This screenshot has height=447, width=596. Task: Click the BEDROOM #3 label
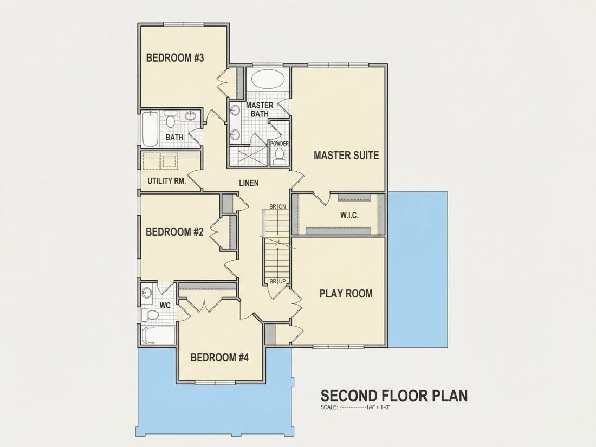click(x=175, y=58)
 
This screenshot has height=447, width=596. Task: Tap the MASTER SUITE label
click(x=346, y=155)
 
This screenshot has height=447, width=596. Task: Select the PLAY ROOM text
click(x=346, y=294)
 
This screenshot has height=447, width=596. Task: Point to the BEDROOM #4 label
click(x=219, y=358)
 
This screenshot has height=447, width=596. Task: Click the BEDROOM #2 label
click(x=175, y=232)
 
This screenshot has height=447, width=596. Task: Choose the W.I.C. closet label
click(x=349, y=216)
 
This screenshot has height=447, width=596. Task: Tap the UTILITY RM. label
click(x=167, y=181)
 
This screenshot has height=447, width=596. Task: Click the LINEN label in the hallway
click(x=249, y=183)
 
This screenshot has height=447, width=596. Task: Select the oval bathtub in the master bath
click(x=268, y=80)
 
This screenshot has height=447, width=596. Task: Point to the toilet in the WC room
click(x=151, y=315)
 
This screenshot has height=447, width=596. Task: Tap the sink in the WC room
click(x=146, y=293)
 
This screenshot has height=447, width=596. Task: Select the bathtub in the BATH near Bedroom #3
click(x=150, y=128)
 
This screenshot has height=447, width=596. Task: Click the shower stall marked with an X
click(x=249, y=156)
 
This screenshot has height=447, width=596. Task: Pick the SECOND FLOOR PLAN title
click(x=394, y=396)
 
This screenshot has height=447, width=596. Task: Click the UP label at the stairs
click(x=282, y=281)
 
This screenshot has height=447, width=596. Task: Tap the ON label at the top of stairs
click(x=282, y=206)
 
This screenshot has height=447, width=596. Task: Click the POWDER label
click(x=280, y=144)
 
